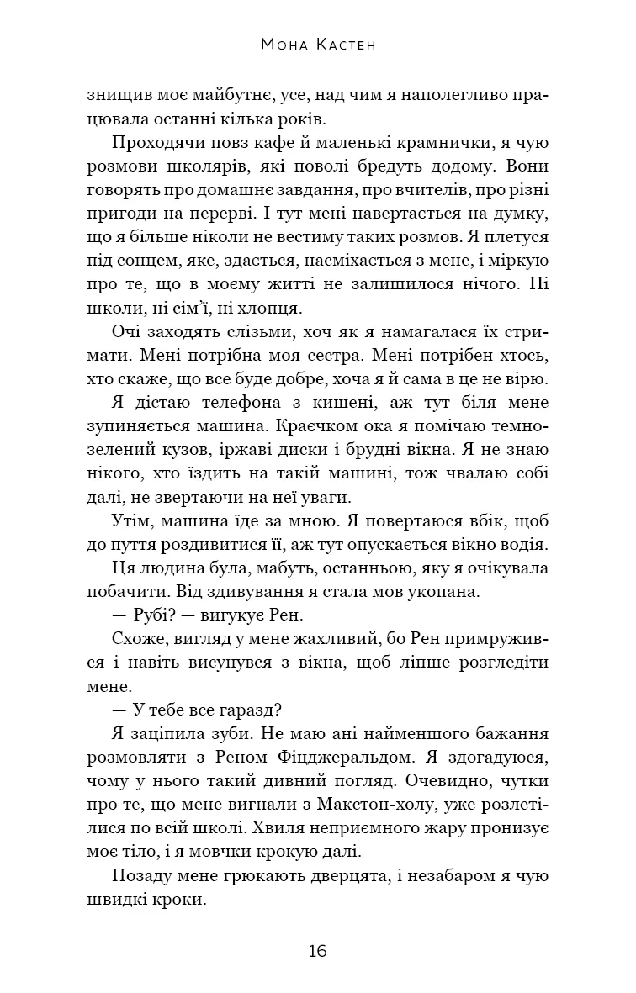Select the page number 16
click(x=317, y=952)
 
